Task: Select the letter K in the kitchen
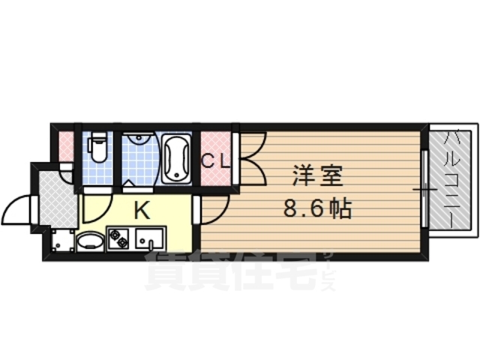[x=140, y=211]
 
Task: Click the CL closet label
[x=215, y=160]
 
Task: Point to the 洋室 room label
[x=316, y=178]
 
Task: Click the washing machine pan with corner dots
[x=62, y=241]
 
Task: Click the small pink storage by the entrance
[x=66, y=145]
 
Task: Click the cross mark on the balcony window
[x=424, y=190]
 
